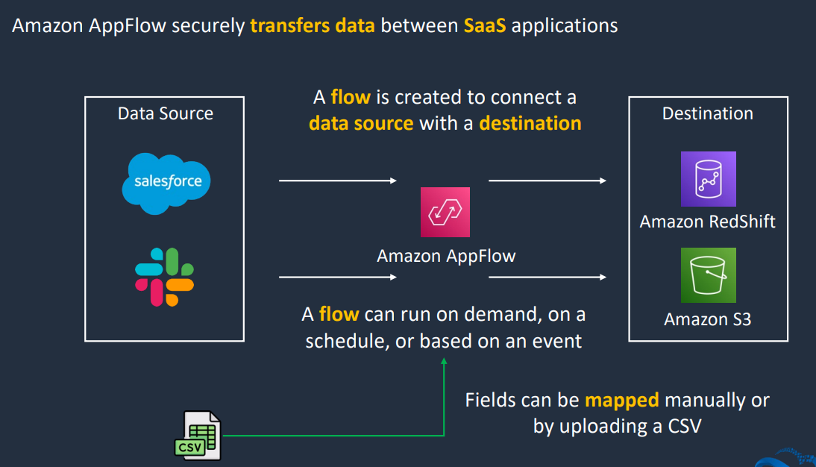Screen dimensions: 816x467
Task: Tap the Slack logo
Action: (x=164, y=277)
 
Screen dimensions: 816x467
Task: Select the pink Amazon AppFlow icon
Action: (x=445, y=212)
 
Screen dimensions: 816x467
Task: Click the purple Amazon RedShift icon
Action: (x=709, y=179)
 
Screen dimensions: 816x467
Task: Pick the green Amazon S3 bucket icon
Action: (x=709, y=275)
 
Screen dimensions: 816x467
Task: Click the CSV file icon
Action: (x=198, y=436)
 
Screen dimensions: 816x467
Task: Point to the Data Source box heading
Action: (x=166, y=113)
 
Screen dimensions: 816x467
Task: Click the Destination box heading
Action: (x=708, y=113)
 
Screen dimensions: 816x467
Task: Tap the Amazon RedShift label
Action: (x=708, y=222)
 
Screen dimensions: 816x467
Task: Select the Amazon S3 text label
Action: (x=708, y=319)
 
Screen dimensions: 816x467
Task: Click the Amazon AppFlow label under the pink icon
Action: (x=446, y=256)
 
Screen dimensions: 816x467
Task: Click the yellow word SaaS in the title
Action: (x=485, y=25)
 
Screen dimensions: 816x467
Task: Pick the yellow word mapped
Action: (x=622, y=401)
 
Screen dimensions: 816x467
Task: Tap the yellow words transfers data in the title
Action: (x=313, y=25)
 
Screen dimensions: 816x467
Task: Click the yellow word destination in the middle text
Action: (x=530, y=123)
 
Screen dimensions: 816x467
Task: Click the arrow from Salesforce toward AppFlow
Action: (x=338, y=181)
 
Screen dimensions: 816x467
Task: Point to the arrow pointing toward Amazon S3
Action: (x=547, y=277)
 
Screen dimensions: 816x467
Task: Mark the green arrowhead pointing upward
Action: (x=444, y=361)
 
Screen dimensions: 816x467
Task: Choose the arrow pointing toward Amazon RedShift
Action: (x=547, y=181)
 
